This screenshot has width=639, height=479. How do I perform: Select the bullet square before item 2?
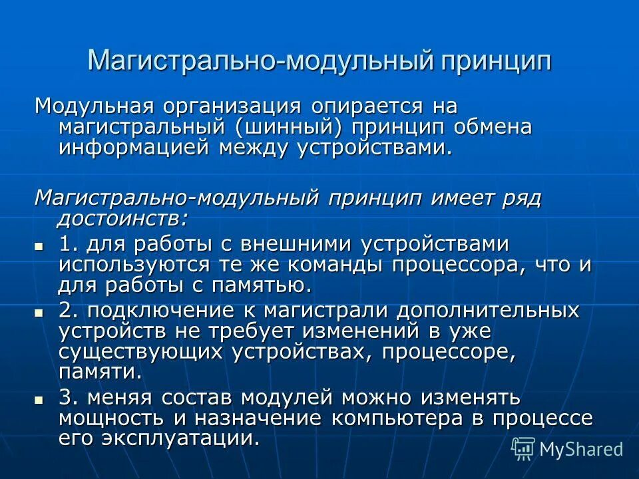(39, 312)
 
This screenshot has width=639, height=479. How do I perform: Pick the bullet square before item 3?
(39, 400)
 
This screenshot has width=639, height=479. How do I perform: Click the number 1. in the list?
(67, 243)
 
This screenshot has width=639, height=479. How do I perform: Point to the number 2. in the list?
(67, 310)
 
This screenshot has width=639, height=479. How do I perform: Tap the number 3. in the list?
(67, 398)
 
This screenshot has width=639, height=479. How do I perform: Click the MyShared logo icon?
(523, 448)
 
